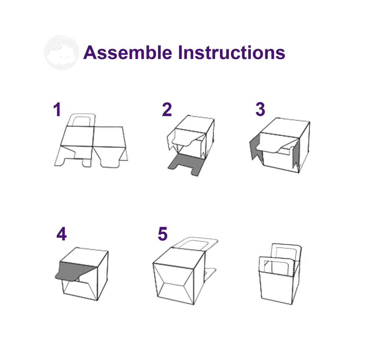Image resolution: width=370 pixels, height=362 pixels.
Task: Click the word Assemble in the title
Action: (128, 53)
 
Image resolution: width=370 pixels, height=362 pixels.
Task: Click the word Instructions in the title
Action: (232, 53)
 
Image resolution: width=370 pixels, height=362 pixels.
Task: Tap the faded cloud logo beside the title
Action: (61, 53)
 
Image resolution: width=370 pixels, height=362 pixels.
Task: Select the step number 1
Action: (57, 109)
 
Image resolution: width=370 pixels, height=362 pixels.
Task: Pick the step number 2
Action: (167, 109)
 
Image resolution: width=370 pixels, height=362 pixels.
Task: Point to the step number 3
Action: (260, 109)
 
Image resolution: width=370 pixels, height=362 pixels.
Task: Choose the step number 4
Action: (61, 234)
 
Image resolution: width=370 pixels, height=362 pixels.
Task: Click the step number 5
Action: (163, 234)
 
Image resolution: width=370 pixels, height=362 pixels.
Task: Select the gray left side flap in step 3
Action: (256, 148)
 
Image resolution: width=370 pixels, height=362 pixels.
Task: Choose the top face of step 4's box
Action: (84, 257)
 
